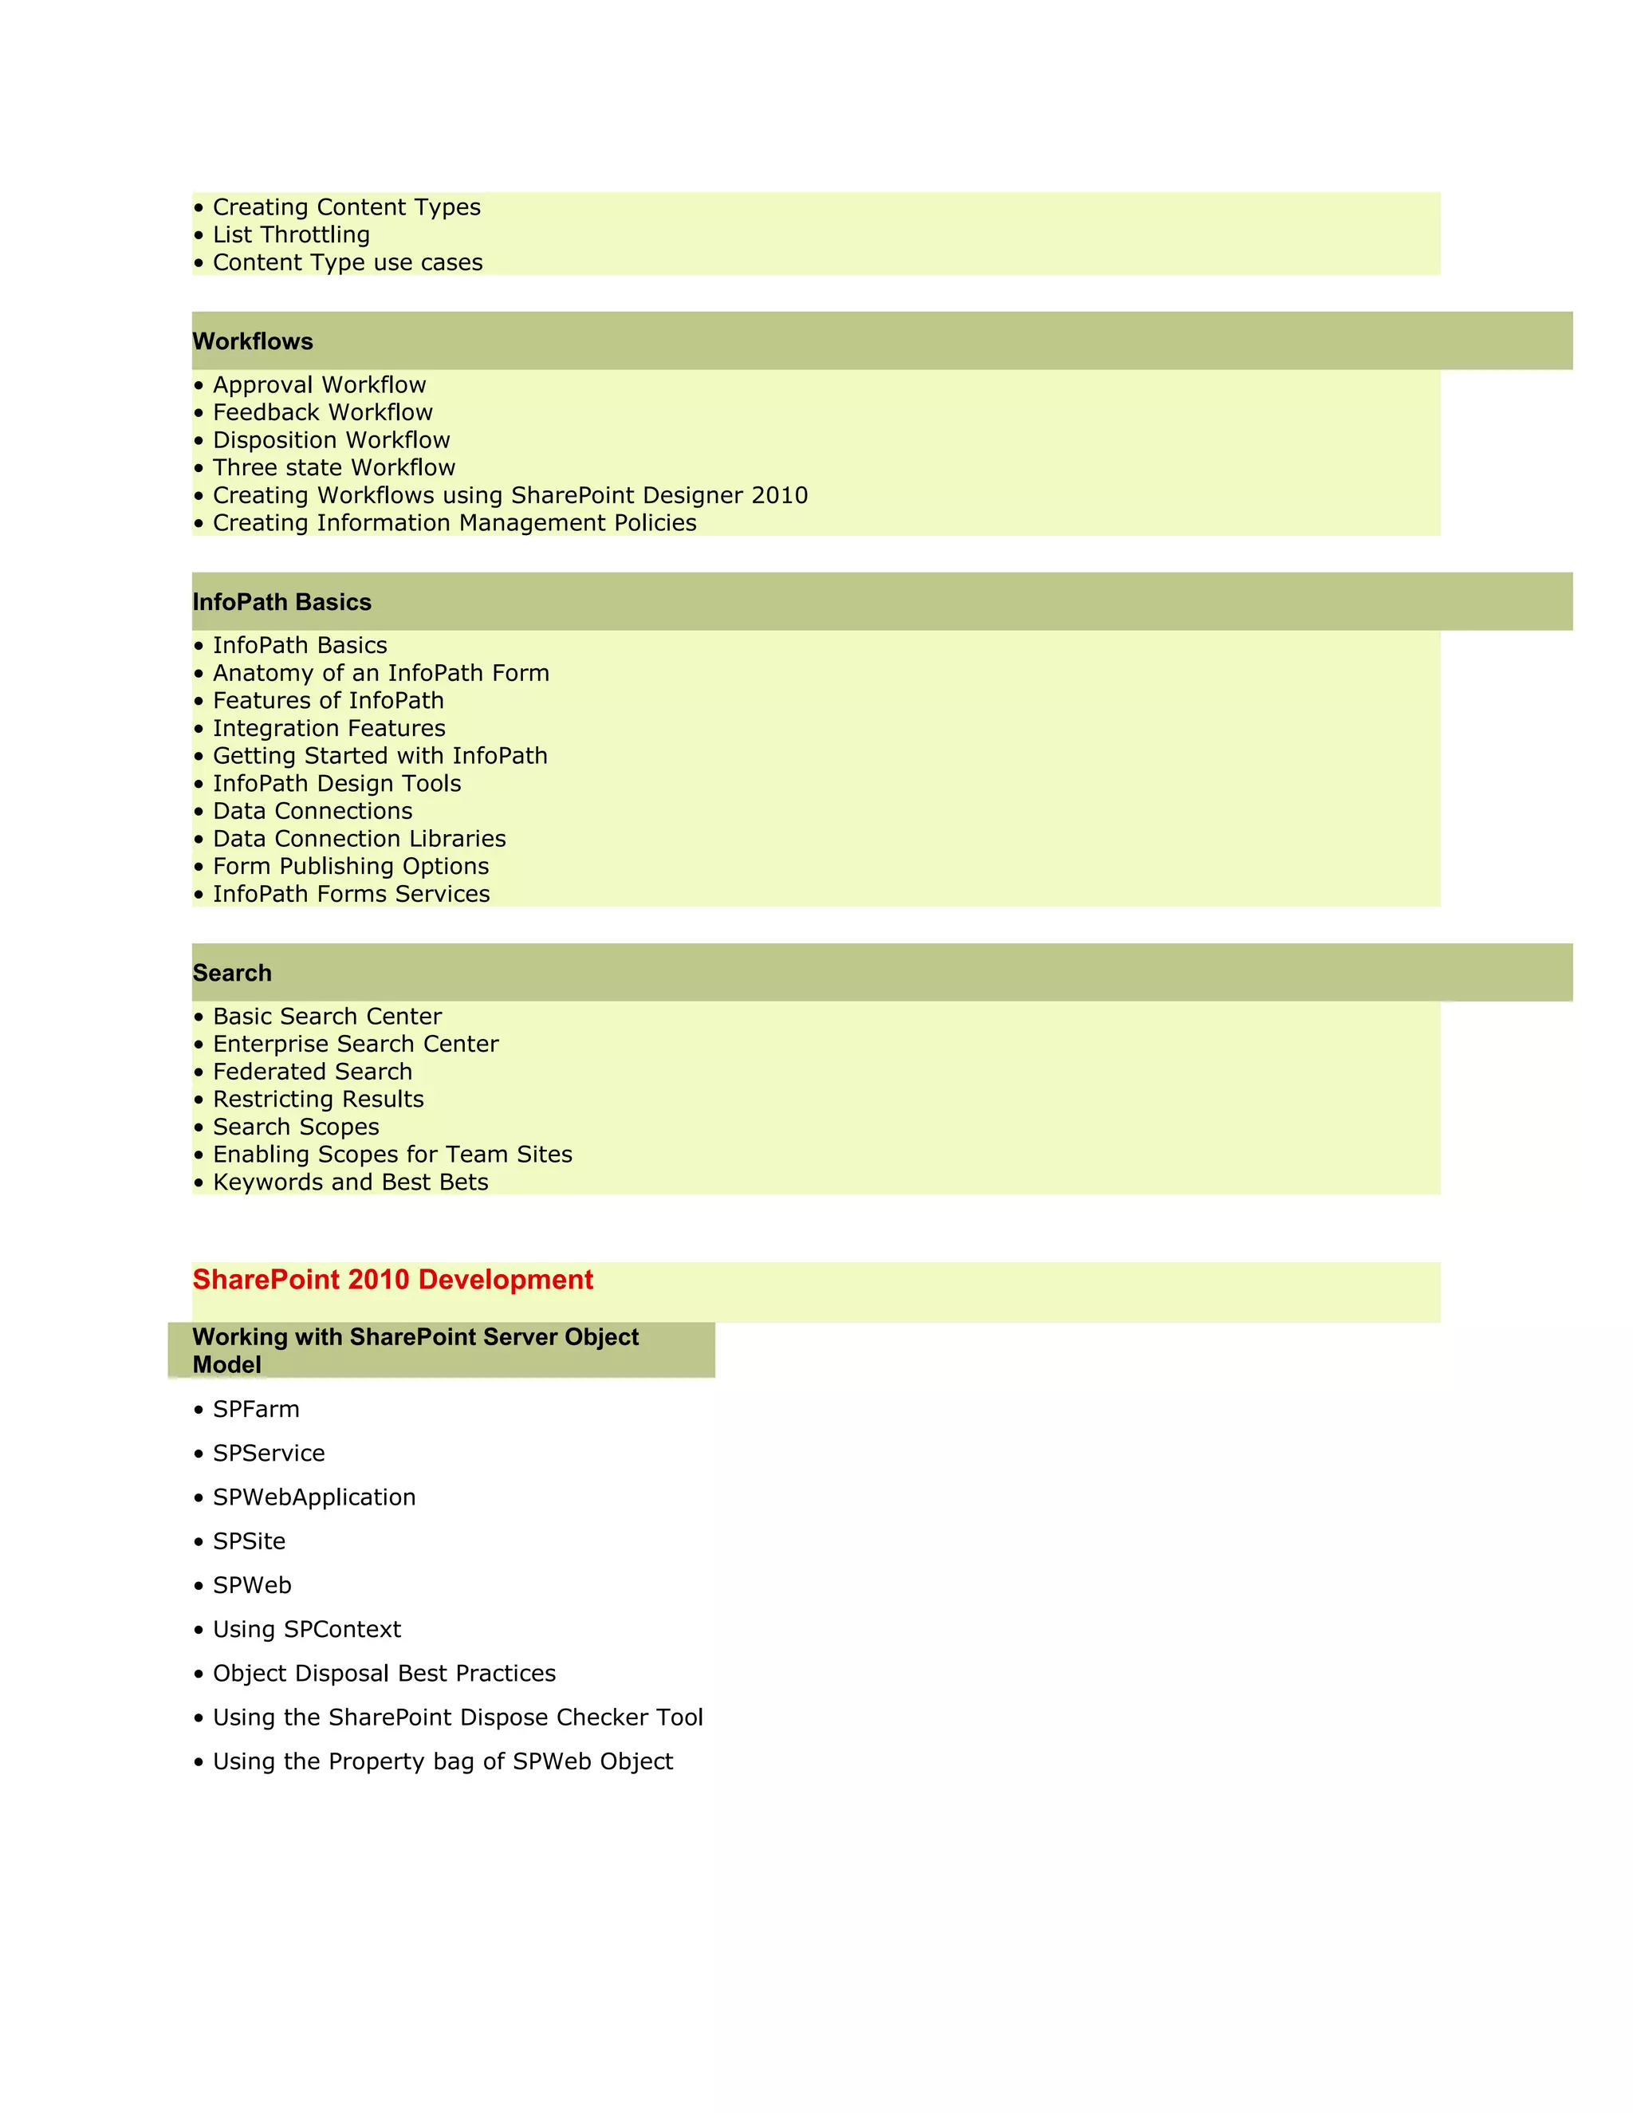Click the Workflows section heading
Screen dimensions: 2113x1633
(x=253, y=341)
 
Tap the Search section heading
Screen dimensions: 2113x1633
(x=232, y=974)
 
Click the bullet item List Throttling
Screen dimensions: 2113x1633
(x=290, y=235)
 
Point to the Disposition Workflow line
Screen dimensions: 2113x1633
(x=331, y=440)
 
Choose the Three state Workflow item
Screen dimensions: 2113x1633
(x=334, y=468)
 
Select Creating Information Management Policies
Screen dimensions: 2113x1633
(x=454, y=523)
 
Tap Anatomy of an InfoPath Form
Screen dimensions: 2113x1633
(x=380, y=674)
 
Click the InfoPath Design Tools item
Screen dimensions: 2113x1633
(x=336, y=784)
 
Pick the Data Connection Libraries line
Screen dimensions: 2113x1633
(x=359, y=839)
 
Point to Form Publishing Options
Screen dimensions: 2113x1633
(x=350, y=867)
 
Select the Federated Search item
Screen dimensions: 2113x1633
(x=313, y=1072)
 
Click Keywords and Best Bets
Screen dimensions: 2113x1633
(x=350, y=1182)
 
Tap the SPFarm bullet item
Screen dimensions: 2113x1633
(x=255, y=1410)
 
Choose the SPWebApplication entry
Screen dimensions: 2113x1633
(x=313, y=1497)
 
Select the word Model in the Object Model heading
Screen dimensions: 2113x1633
(x=226, y=1365)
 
